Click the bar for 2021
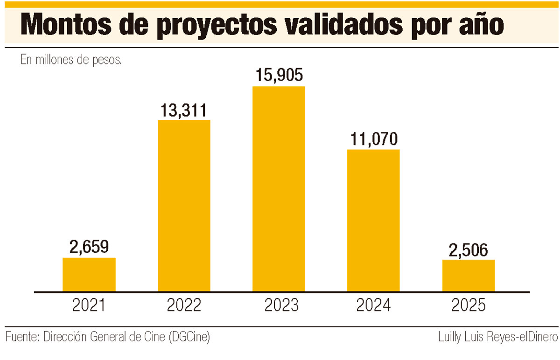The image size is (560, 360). coord(89,275)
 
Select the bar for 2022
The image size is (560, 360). coord(184,206)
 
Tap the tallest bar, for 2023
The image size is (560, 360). coord(279,189)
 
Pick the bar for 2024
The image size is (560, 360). coord(373,221)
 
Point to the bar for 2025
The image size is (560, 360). coord(469,276)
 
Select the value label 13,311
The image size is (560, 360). coord(184,110)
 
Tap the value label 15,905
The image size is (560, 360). coord(279,76)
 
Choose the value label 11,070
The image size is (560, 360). coord(373,139)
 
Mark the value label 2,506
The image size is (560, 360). coord(469,250)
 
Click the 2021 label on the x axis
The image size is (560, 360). coord(89,305)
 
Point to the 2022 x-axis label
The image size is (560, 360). coord(184,305)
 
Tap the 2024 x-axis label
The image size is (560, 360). coord(373,305)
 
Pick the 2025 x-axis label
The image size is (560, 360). coord(469,305)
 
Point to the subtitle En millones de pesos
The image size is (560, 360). coord(71,60)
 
